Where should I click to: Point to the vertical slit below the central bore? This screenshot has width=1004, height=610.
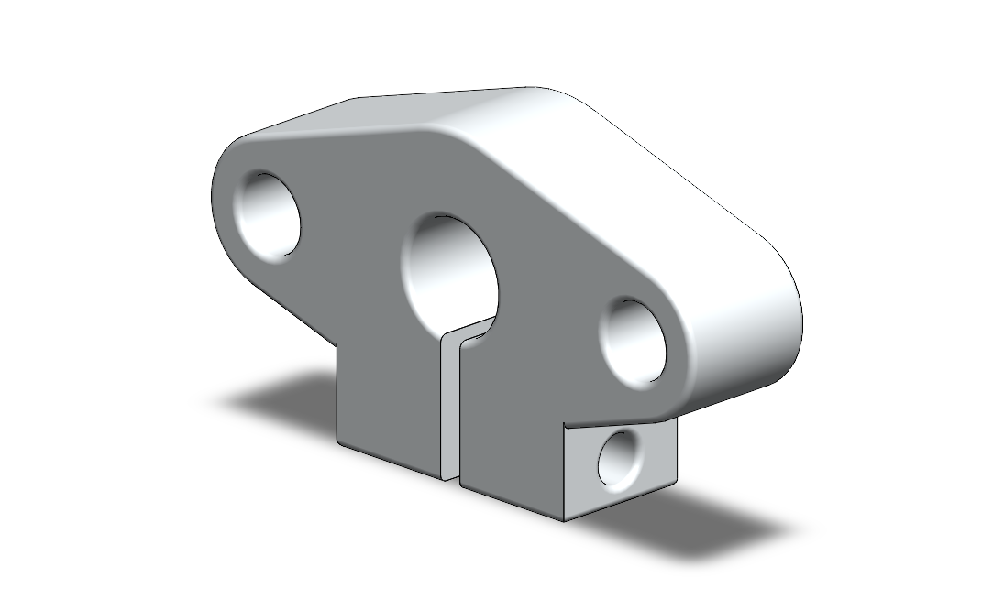tap(449, 403)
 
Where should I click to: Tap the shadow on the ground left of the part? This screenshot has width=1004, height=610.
tap(275, 398)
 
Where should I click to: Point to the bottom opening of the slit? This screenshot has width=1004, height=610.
tap(451, 475)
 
